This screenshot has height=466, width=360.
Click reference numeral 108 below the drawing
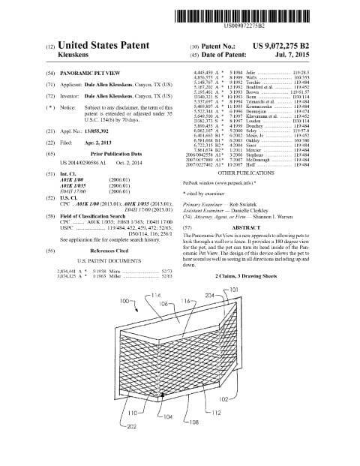(193, 422)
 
